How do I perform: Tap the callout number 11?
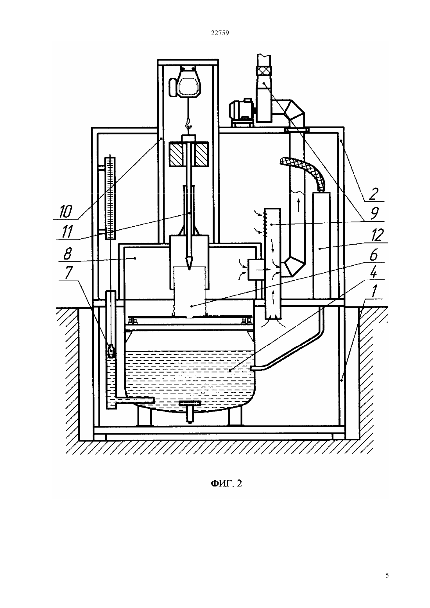[66, 232]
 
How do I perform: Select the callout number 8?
[67, 254]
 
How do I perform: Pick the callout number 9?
[374, 213]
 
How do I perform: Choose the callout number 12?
[377, 235]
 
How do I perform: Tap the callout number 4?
[373, 272]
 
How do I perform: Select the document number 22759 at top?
[220, 33]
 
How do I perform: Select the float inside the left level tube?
[111, 350]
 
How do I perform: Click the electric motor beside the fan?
[241, 112]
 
